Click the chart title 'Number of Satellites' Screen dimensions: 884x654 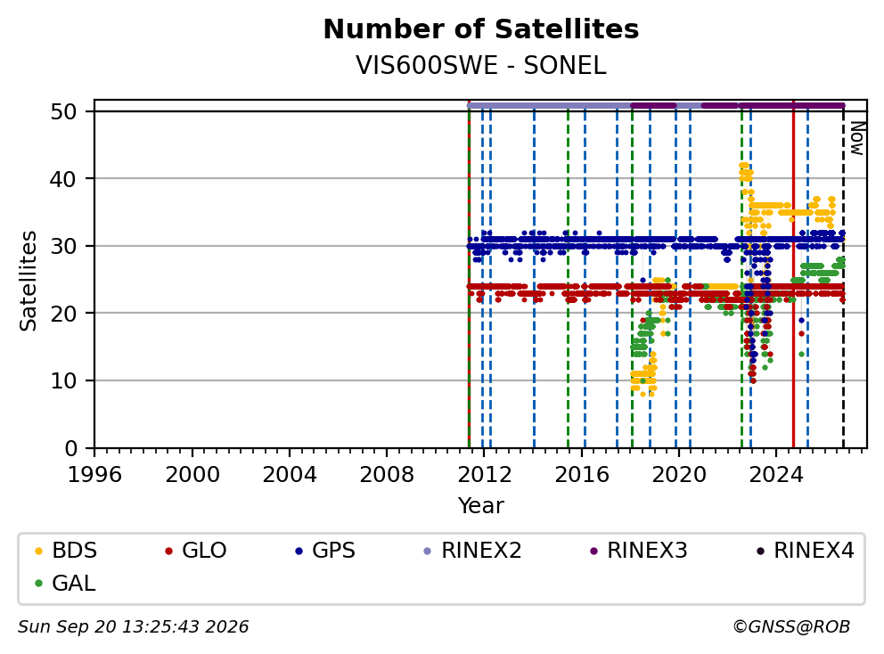point(481,29)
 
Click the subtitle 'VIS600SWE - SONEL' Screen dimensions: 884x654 point(481,65)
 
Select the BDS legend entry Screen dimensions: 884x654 point(65,551)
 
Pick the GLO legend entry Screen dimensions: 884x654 point(196,551)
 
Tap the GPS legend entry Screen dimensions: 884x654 point(325,551)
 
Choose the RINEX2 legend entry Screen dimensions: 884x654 point(473,551)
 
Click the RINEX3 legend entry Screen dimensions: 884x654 point(639,551)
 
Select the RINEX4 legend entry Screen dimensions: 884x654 point(806,551)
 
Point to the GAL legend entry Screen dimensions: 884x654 point(65,583)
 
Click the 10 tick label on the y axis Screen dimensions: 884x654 point(63,381)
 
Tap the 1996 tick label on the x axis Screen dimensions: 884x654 point(94,475)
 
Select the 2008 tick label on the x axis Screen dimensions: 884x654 point(387,475)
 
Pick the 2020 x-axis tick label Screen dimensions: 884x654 point(679,475)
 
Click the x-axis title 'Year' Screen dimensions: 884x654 point(481,505)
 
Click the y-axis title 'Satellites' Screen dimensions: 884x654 point(28,280)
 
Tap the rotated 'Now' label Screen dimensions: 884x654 point(857,138)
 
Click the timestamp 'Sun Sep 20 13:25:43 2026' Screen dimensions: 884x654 point(133,627)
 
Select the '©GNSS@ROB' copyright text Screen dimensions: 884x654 point(791,627)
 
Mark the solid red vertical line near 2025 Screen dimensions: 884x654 point(793,274)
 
